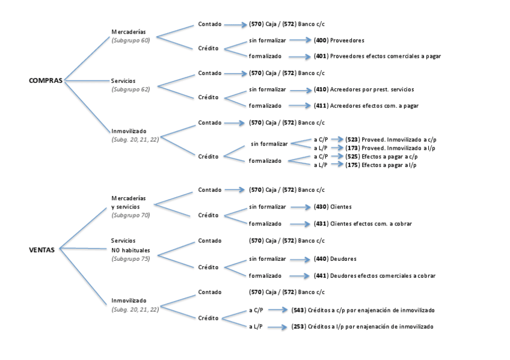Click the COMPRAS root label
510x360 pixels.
click(46, 81)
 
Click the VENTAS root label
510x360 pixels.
click(42, 250)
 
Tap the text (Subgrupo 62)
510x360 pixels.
click(131, 89)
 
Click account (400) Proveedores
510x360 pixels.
click(339, 40)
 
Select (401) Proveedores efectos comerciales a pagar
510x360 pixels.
click(378, 56)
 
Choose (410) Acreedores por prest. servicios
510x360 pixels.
click(364, 90)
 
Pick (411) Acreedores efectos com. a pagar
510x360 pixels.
click(366, 105)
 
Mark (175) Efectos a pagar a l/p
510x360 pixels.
click(381, 164)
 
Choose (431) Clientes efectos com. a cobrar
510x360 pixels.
click(363, 224)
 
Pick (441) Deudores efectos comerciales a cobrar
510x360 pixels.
click(375, 276)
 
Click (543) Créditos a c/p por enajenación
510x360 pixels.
click(363, 310)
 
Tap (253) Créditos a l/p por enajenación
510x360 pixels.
click(362, 326)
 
